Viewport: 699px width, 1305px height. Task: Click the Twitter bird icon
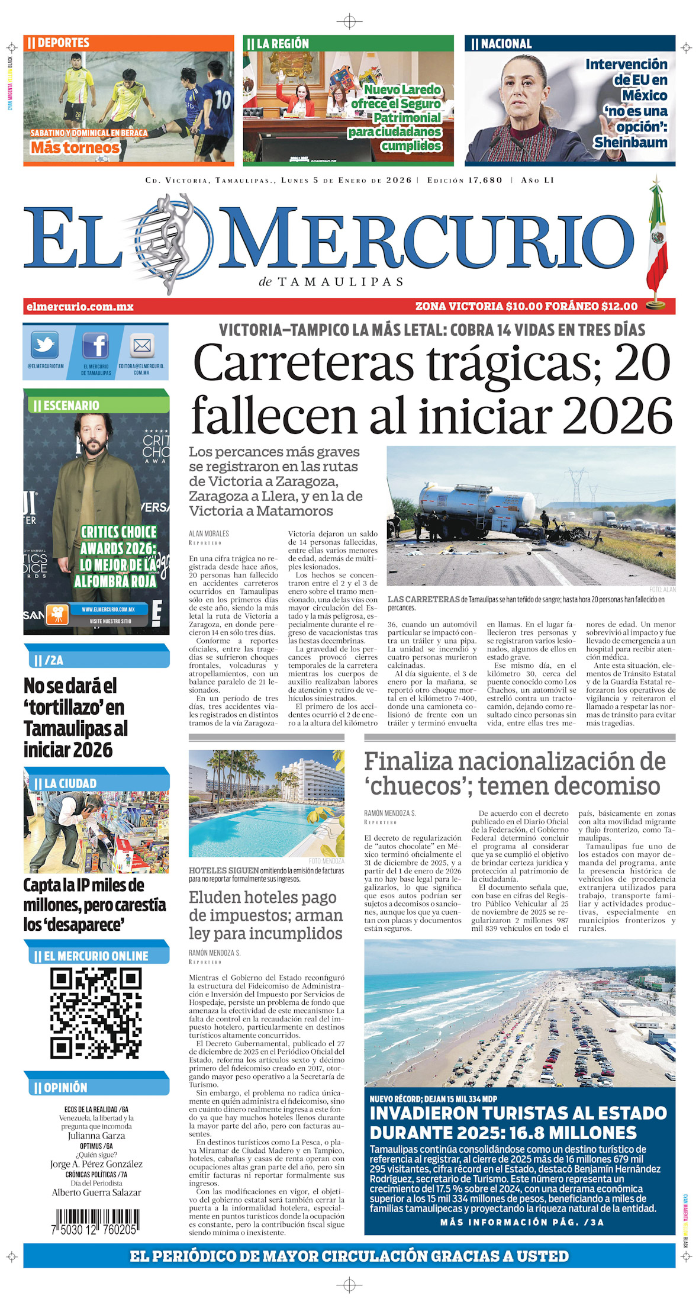click(45, 345)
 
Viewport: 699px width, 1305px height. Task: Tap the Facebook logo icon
click(95, 346)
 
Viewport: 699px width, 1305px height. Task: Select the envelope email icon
click(142, 345)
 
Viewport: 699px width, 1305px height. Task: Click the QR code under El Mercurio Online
click(96, 1013)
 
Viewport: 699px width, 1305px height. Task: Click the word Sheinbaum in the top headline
click(630, 143)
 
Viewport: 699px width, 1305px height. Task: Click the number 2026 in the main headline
click(617, 416)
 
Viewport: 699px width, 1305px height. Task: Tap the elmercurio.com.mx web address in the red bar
click(80, 307)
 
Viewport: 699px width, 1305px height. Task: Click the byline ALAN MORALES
click(208, 533)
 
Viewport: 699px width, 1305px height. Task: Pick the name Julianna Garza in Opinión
click(96, 1136)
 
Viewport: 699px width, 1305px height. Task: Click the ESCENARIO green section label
click(71, 406)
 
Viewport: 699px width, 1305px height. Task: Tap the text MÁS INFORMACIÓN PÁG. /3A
click(521, 1222)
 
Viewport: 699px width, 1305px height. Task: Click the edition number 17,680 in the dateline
click(485, 180)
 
